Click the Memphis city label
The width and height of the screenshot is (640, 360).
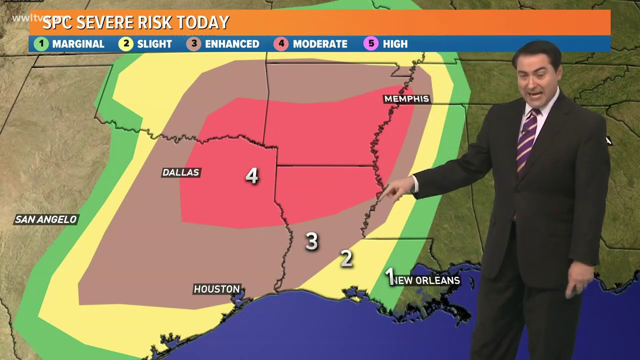406,99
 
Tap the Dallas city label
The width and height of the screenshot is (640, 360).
181,172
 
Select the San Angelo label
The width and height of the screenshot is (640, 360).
46,219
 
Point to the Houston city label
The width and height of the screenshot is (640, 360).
217,289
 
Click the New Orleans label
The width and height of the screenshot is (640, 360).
426,280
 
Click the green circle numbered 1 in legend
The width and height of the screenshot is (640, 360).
41,44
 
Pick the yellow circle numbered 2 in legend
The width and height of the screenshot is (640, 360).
125,44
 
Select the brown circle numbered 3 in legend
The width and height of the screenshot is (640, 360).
194,44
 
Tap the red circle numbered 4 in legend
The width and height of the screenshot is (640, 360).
281,44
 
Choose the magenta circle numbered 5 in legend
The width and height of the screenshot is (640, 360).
371,44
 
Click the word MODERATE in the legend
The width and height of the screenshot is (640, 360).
320,44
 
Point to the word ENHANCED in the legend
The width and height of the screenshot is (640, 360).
232,44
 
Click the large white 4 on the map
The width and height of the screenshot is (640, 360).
251,175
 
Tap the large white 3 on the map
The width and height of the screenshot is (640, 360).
311,241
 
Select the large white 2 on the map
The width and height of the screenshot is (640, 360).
346,258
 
